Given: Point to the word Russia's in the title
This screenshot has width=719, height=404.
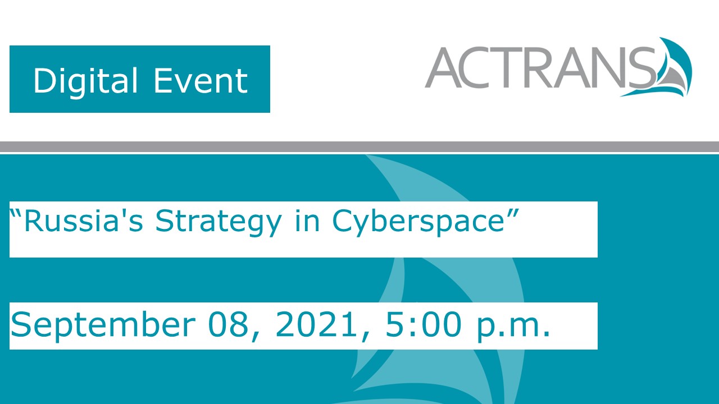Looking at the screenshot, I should (x=84, y=221).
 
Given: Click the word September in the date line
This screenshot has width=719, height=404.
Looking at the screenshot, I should (x=96, y=326).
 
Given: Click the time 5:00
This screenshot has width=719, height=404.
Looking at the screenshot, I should (x=422, y=325).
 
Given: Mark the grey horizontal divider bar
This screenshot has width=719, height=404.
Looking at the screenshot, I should (x=359, y=146).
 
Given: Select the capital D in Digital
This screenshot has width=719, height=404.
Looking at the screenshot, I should (x=43, y=80).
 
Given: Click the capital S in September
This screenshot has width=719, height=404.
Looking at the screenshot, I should (x=21, y=325).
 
